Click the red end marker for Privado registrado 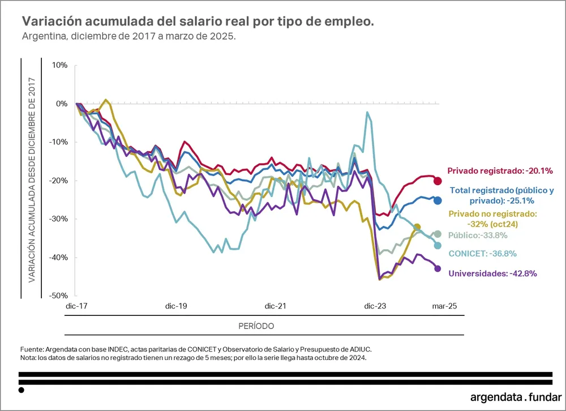[x=438, y=181]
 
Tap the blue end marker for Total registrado [x=438, y=200]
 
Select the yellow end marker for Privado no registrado [x=417, y=227]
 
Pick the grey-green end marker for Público [x=438, y=234]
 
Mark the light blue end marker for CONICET [x=438, y=246]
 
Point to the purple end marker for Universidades [x=438, y=268]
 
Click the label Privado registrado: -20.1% [x=500, y=170]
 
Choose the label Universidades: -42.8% [x=492, y=273]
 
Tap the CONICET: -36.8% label [x=483, y=254]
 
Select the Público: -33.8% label [x=478, y=236]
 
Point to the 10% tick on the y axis [x=60, y=65]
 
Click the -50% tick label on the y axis [x=58, y=296]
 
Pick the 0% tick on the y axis [x=62, y=104]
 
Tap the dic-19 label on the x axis [x=176, y=306]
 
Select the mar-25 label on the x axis [x=444, y=306]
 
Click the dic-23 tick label [x=375, y=306]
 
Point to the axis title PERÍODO [x=256, y=326]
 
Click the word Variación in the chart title [x=52, y=22]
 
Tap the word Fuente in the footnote [x=32, y=349]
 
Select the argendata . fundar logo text [x=516, y=397]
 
